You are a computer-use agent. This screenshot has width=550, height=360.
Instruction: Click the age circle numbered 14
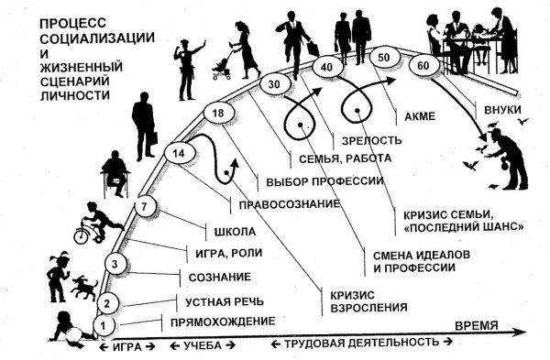178,155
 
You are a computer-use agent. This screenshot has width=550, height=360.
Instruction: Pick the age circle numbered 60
423,66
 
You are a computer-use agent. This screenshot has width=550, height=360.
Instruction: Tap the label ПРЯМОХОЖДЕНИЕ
219,321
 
